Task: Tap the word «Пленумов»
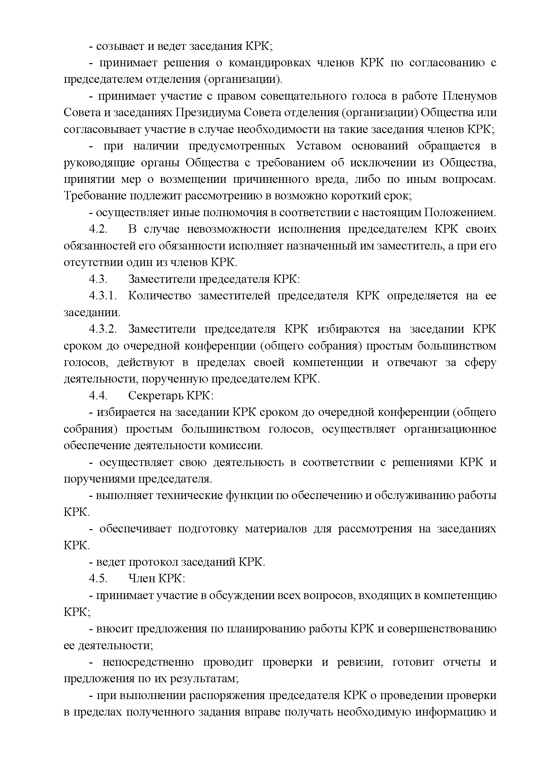[x=469, y=96]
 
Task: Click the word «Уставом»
[x=319, y=146]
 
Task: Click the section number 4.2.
[x=98, y=229]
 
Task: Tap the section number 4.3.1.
[x=103, y=295]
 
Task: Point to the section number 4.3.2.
[x=103, y=329]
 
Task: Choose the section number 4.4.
[x=98, y=395]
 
